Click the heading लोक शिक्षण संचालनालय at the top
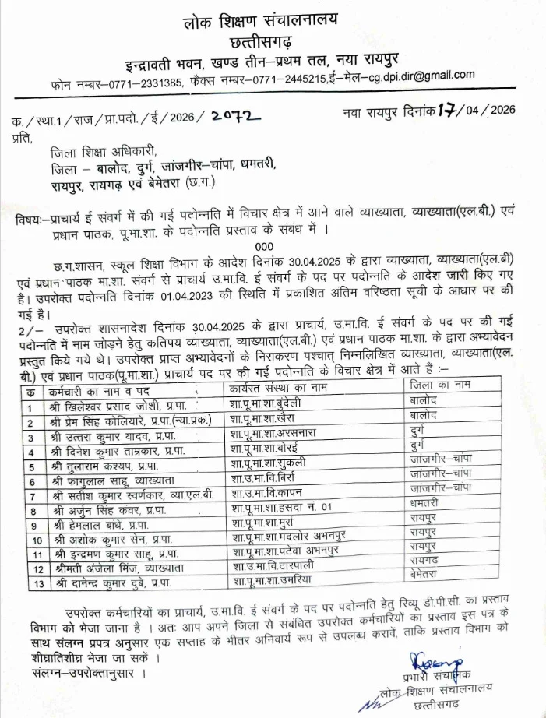(x=273, y=15)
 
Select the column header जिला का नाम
(x=440, y=384)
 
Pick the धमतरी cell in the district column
(x=428, y=504)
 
